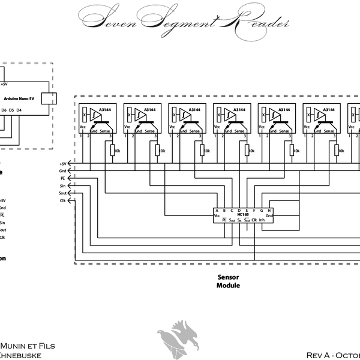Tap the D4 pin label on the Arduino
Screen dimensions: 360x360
click(x=19, y=110)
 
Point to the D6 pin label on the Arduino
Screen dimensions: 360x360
click(x=4, y=110)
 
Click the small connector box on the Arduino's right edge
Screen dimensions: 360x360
click(x=53, y=98)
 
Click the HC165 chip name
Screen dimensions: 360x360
click(x=243, y=215)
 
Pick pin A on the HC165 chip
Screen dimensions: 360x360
click(x=217, y=211)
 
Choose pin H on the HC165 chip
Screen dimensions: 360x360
click(x=270, y=211)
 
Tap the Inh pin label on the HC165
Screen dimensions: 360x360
click(x=263, y=220)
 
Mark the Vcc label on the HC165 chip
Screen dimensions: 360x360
click(x=217, y=215)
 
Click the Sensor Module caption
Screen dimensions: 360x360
click(x=228, y=282)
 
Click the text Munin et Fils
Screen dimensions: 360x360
click(x=29, y=345)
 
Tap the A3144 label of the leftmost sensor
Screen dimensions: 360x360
click(x=105, y=110)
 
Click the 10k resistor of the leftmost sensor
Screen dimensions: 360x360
click(x=112, y=151)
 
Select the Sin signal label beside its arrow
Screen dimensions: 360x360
click(x=62, y=186)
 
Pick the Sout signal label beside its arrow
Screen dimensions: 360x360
click(x=62, y=193)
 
